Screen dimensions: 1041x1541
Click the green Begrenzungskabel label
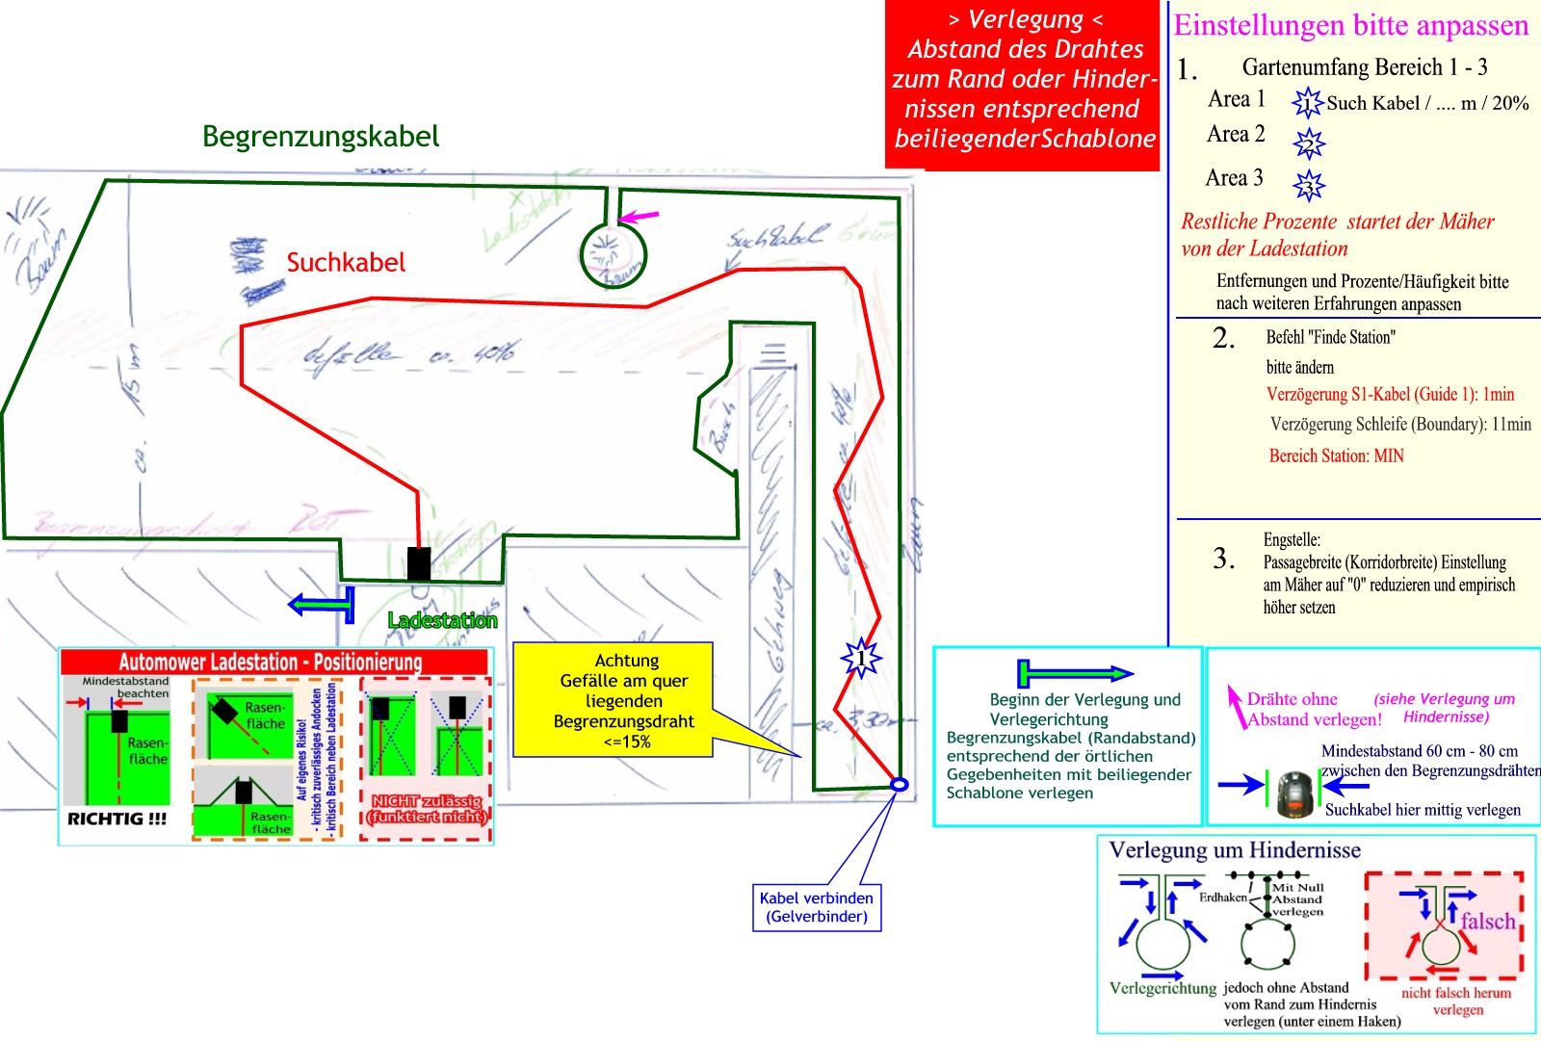pos(321,137)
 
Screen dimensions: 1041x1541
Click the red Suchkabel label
pos(346,263)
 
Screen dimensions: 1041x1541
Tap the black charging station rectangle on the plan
pos(419,563)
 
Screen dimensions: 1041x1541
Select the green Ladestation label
pos(442,621)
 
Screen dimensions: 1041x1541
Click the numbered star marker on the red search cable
pos(861,659)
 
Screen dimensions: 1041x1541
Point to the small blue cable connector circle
pos(899,785)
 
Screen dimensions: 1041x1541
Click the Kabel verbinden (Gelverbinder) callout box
pos(817,907)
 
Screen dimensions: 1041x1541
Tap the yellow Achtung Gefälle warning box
pos(626,700)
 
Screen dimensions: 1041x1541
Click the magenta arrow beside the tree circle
pos(639,216)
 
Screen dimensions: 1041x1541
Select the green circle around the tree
pos(614,256)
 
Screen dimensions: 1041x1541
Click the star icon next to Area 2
pos(1309,143)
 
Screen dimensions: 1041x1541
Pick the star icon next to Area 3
pos(1309,184)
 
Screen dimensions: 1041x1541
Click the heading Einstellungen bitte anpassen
pos(1351,26)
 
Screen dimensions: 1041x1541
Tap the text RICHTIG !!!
pos(117,820)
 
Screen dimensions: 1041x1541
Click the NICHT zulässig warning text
pos(427,810)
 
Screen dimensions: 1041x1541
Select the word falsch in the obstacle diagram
pos(1487,922)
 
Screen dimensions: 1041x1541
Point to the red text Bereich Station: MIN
pos(1336,455)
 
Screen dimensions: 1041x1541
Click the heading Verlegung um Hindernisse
pos(1235,850)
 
